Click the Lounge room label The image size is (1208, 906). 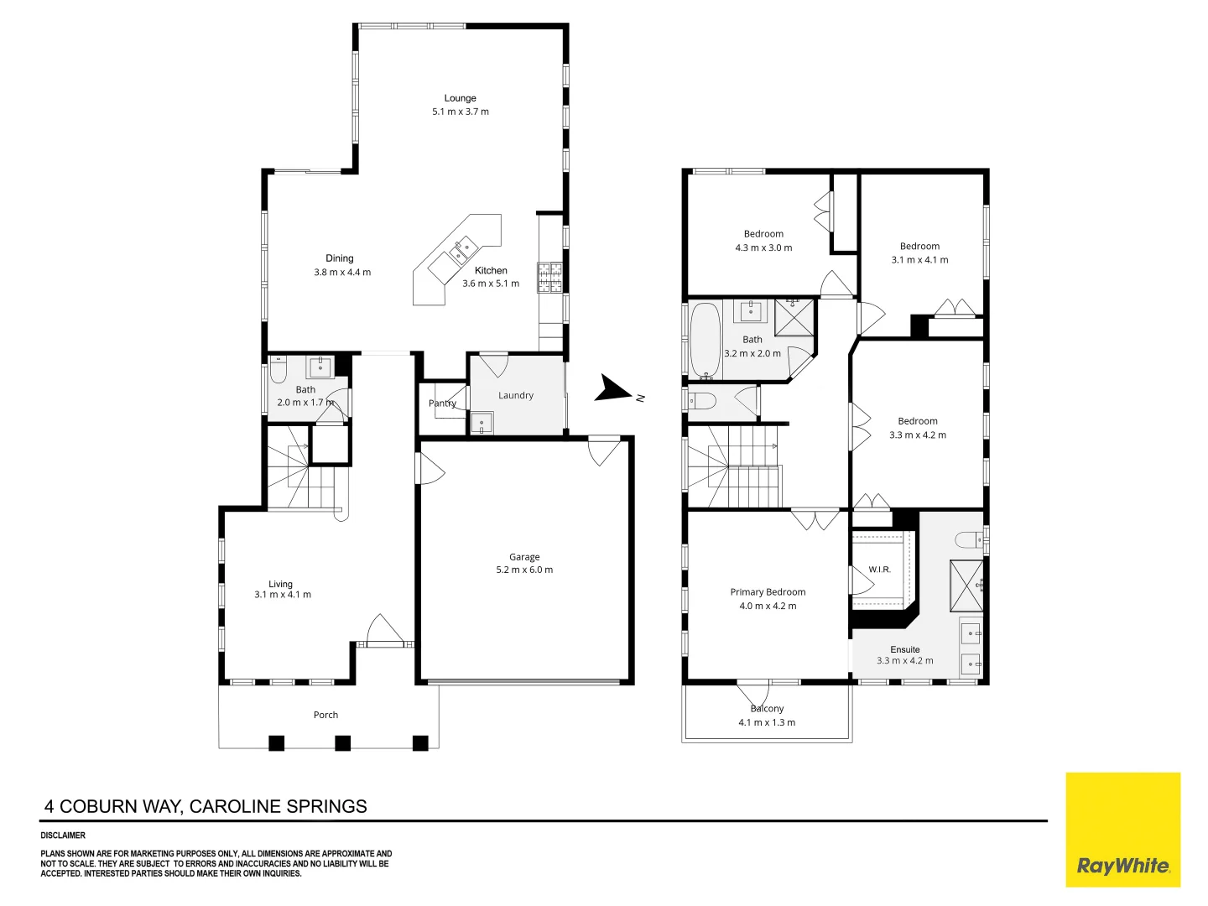(460, 98)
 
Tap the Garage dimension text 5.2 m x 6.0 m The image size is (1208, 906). (524, 570)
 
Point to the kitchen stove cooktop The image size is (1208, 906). (549, 277)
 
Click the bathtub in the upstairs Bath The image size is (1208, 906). (705, 341)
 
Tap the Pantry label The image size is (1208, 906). (442, 404)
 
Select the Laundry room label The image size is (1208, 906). (516, 395)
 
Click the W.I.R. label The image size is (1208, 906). (879, 570)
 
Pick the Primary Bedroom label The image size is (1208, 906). (768, 592)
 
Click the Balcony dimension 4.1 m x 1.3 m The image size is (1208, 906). (767, 722)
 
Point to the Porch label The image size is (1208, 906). (325, 715)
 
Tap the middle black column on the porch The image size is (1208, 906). (343, 743)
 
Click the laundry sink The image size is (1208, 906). (482, 424)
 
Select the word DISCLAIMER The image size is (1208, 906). (63, 835)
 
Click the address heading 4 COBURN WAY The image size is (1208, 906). (112, 806)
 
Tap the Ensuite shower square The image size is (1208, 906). (966, 586)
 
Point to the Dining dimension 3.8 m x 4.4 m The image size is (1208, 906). (342, 272)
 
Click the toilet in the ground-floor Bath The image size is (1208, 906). (278, 370)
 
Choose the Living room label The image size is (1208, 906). (281, 584)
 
